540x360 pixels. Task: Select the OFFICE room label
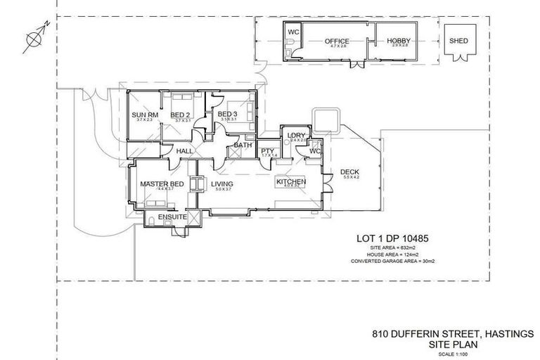coord(336,41)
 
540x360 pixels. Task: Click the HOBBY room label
coord(398,41)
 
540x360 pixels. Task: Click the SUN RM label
coord(144,115)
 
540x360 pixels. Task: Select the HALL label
coord(185,151)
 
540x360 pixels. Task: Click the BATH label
coord(243,146)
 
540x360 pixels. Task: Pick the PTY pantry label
coord(267,150)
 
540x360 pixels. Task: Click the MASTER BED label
coord(162,184)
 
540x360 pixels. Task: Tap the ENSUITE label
coord(172,217)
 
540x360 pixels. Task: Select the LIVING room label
coord(222,184)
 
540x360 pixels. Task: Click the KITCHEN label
coord(290,182)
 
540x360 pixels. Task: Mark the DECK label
coord(349,172)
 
